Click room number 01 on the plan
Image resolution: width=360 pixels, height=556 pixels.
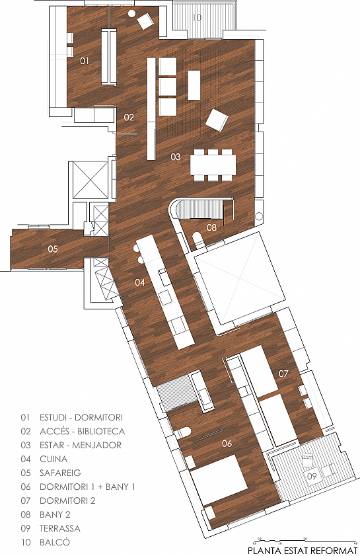pos(85,60)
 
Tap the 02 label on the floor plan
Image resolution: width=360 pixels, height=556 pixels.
pos(129,117)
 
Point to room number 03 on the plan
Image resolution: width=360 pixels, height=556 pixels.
pos(175,157)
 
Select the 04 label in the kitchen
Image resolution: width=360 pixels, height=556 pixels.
pos(139,282)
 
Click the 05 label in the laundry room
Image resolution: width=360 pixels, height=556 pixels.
pos(53,249)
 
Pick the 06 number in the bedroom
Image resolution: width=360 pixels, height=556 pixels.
pos(227,442)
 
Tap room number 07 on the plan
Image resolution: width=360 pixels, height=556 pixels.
pos(283,374)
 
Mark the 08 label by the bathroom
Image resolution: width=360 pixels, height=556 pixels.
pos(211,227)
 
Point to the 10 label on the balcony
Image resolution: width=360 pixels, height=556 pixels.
pos(197,18)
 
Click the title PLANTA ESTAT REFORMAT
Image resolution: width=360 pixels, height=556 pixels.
pos(301,549)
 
